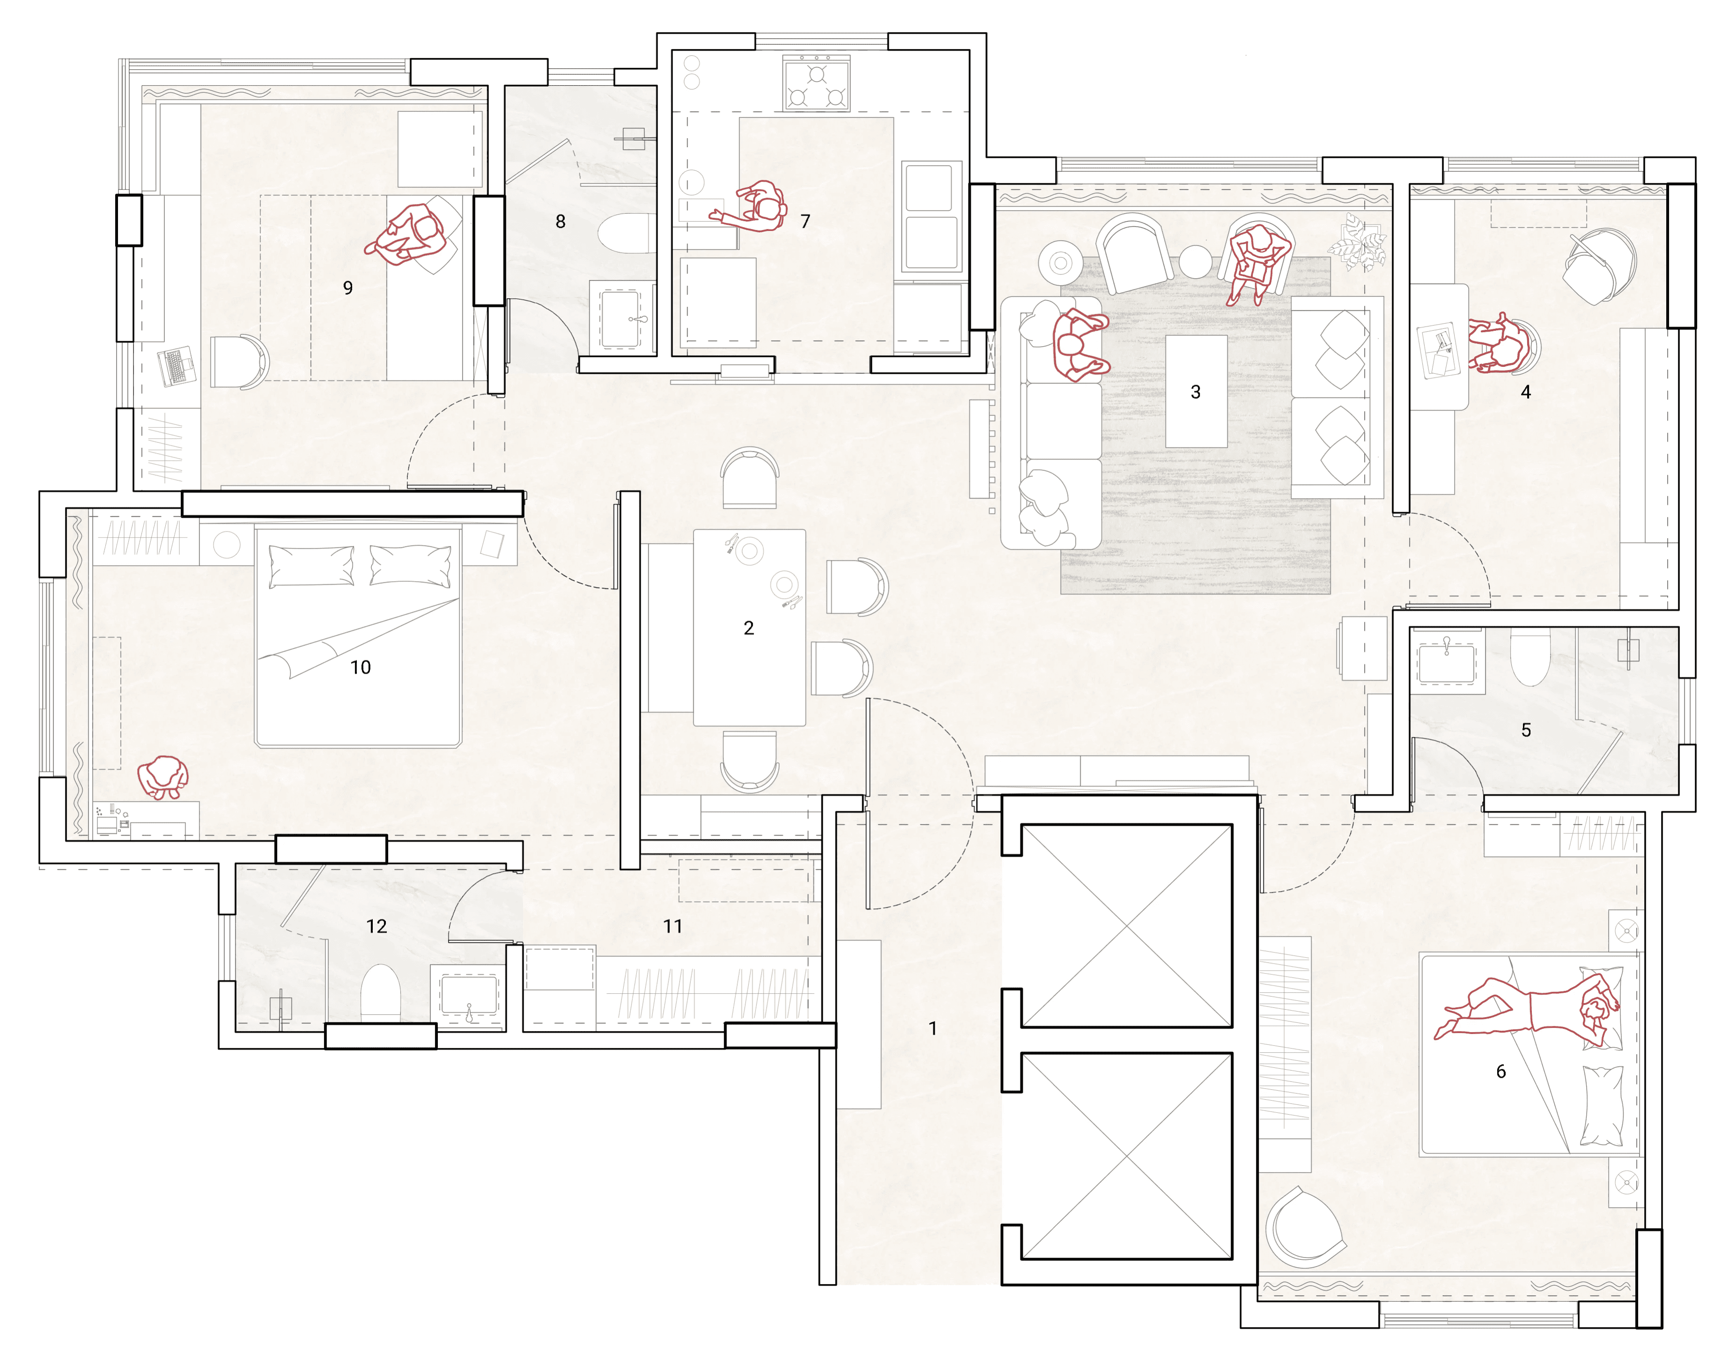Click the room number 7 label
click(805, 221)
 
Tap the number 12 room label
click(377, 927)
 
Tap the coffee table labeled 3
click(1196, 391)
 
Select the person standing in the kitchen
click(753, 207)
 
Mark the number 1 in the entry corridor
click(932, 1028)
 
